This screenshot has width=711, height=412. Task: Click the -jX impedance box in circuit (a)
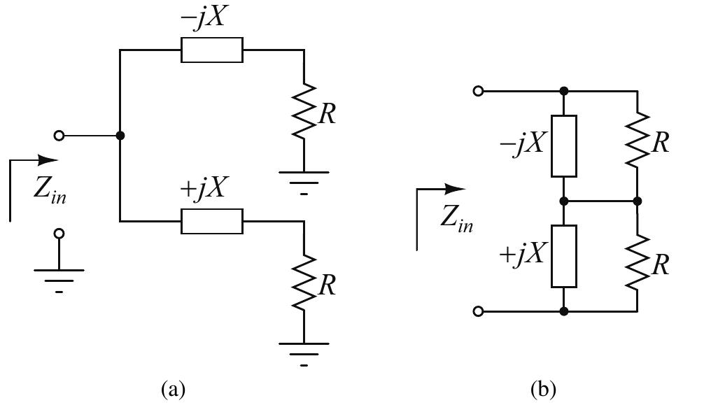point(211,50)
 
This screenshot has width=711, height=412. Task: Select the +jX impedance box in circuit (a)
point(211,222)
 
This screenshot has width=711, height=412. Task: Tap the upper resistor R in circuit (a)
point(304,112)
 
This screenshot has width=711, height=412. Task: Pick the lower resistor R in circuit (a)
point(304,284)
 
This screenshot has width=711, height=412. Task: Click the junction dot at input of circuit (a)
point(120,135)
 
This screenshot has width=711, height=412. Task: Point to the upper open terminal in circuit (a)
point(59,135)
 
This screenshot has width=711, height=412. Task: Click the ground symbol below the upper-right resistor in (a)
point(304,178)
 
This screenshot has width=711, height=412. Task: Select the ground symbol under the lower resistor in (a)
point(304,350)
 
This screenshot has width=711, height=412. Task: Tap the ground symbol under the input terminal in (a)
point(59,276)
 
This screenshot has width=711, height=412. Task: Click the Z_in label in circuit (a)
point(50,190)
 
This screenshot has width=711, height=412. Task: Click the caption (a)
point(173,388)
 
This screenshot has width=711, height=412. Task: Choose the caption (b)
point(542,388)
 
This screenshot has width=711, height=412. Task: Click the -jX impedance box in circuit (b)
point(564,146)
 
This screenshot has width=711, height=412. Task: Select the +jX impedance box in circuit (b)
point(564,256)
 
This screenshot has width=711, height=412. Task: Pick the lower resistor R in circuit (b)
point(638,262)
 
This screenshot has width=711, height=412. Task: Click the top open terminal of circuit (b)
point(478,91)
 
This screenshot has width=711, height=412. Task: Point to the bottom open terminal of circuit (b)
point(478,311)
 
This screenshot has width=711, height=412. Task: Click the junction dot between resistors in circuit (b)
point(638,201)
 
